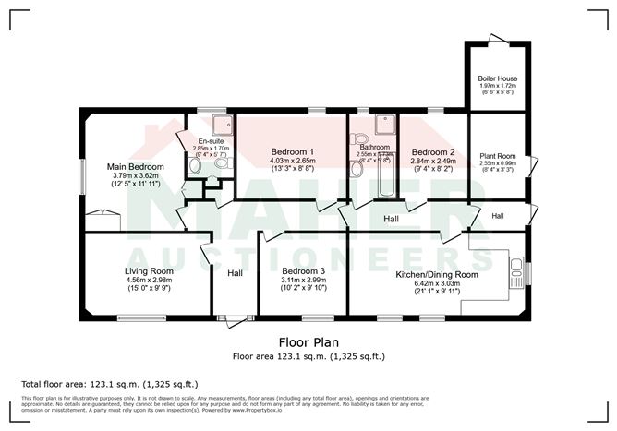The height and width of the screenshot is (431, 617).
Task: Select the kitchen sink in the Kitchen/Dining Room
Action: coord(516,272)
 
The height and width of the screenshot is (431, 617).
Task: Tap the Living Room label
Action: coord(149,271)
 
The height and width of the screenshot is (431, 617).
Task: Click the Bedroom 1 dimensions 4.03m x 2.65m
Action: coord(292,160)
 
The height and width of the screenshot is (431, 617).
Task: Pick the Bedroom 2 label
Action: coord(433,151)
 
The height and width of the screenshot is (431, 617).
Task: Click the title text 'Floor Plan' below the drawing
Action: coord(308,341)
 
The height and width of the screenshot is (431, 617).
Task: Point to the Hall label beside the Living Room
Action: coord(235,273)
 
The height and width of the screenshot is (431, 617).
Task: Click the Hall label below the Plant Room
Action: coord(497,216)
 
